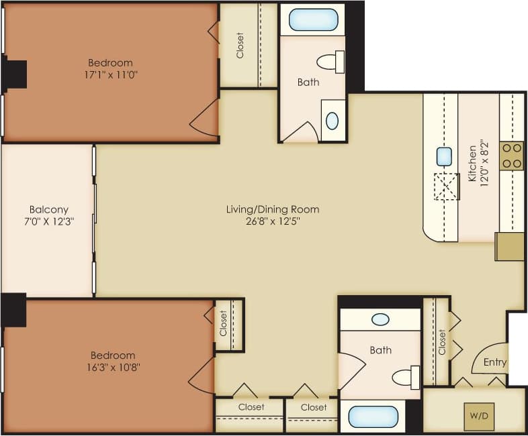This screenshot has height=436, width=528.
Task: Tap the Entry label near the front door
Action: point(494,362)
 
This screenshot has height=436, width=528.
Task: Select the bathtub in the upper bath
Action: point(313,19)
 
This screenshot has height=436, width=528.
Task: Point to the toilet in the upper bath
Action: point(329,62)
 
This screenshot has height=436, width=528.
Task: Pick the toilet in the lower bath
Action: point(406,377)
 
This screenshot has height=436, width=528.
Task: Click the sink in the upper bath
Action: point(333,121)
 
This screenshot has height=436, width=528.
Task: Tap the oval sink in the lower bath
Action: point(380,320)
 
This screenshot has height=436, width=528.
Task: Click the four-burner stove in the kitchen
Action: point(513,156)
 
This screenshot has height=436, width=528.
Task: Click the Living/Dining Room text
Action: point(272,209)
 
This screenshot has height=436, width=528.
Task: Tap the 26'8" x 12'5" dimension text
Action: point(272,222)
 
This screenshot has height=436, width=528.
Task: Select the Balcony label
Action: point(48,209)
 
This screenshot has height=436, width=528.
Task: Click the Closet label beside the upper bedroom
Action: point(240,45)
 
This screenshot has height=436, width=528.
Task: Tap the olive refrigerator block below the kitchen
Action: point(509,246)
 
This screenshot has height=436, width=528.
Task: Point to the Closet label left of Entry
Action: point(442,341)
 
